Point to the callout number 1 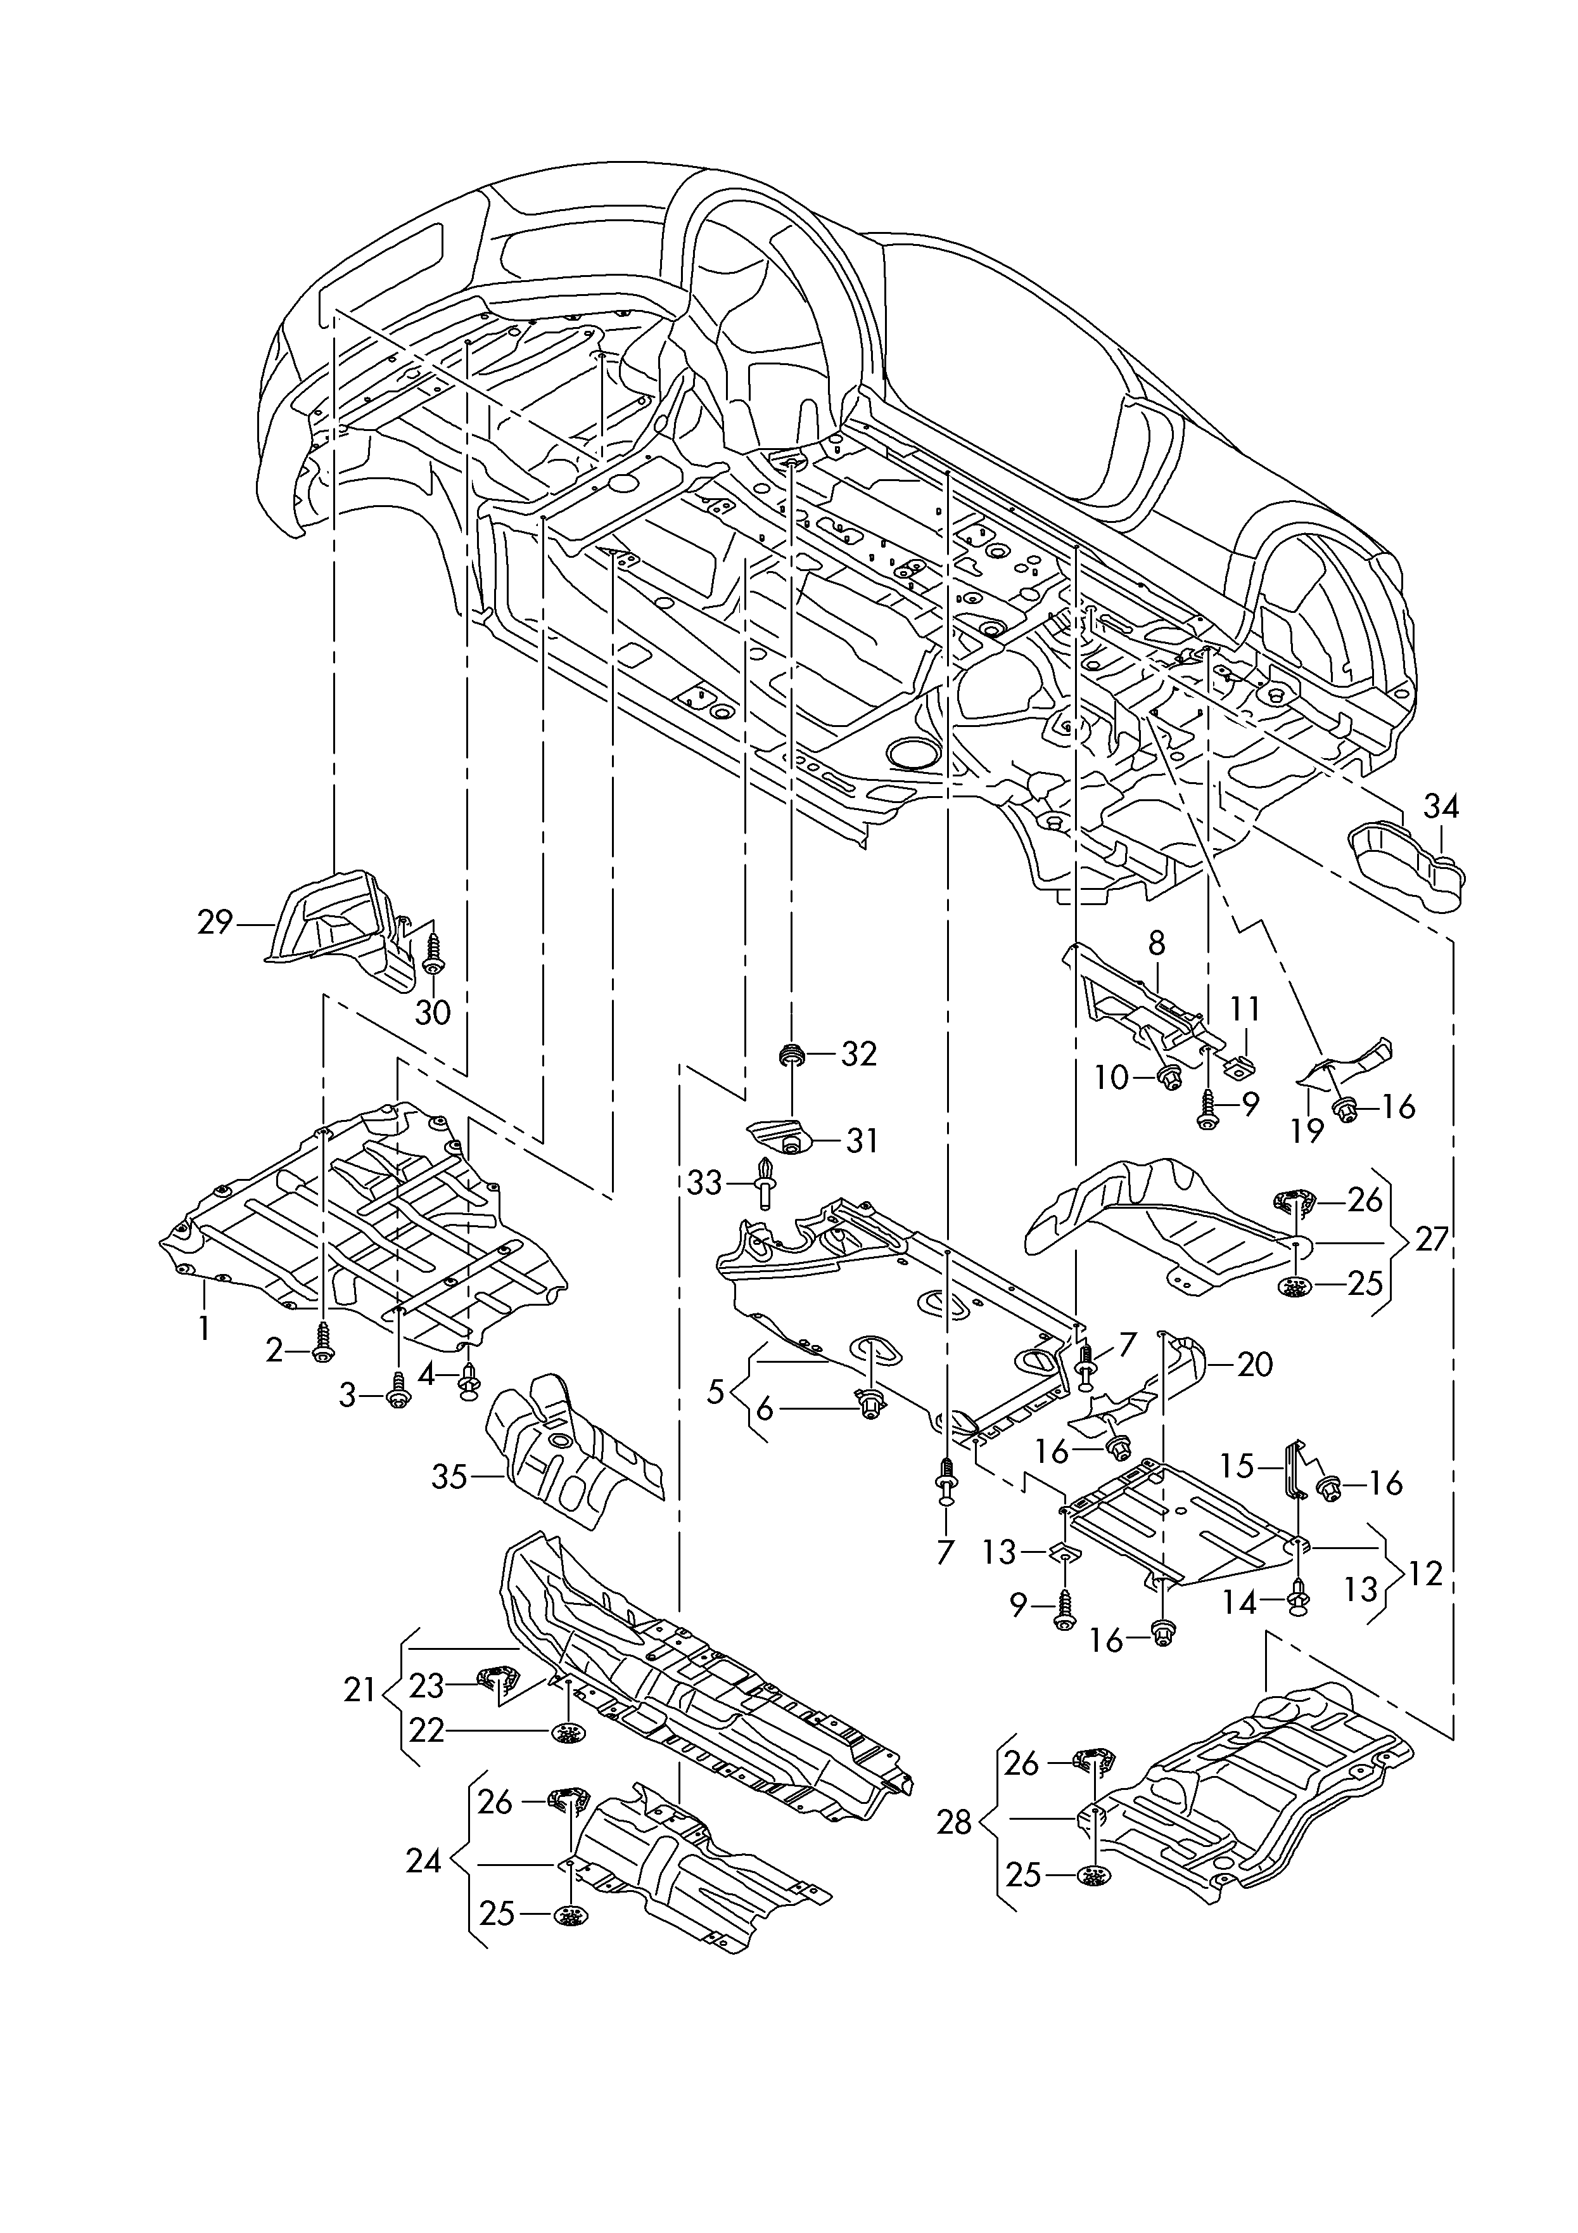tap(204, 1327)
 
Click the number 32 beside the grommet tap(858, 1054)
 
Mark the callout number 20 tap(1254, 1365)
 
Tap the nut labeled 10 tap(1165, 1076)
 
